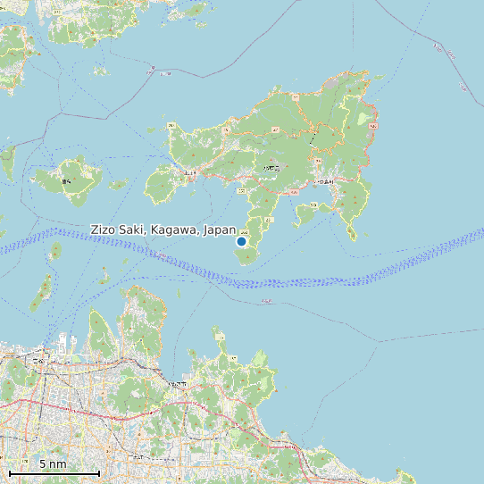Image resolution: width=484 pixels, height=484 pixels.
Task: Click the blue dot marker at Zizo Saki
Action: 241,241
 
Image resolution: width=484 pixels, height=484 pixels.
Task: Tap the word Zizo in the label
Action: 104,230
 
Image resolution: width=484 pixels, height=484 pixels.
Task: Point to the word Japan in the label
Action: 220,230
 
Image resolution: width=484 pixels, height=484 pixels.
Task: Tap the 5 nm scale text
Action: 53,464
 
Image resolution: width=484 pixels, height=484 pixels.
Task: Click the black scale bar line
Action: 54,472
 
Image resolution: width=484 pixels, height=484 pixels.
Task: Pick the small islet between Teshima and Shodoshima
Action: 117,185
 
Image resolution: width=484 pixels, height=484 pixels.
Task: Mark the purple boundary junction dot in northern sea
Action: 153,68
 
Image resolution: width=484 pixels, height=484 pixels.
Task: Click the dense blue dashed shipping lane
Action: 268,281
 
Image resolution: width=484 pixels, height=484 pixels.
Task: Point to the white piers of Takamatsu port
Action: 64,341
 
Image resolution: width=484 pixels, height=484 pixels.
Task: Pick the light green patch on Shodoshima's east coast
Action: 363,119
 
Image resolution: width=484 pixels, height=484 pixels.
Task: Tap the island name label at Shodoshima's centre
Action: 271,167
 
